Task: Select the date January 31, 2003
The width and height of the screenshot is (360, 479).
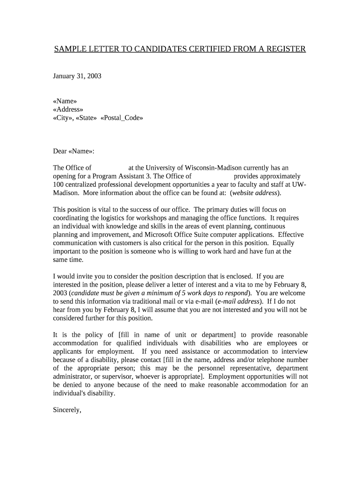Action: click(77, 76)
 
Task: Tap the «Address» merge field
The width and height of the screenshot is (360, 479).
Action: click(68, 109)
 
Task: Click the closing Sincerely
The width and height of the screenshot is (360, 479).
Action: click(67, 410)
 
